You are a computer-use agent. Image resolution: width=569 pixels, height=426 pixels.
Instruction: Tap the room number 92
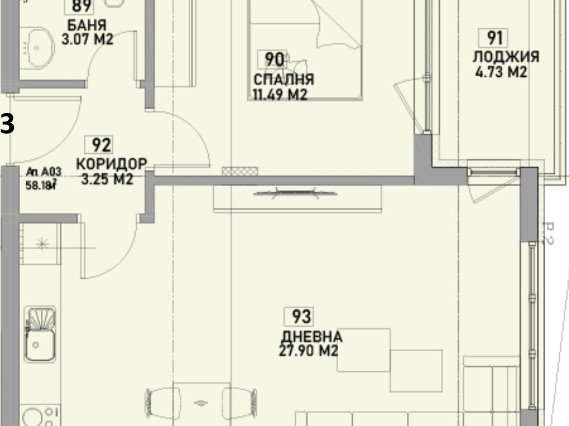click(x=102, y=145)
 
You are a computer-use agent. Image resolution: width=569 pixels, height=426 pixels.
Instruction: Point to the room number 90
click(x=274, y=60)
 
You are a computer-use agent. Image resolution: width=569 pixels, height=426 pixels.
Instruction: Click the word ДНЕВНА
click(x=311, y=337)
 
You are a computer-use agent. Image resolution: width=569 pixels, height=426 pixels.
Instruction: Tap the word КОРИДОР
click(x=112, y=164)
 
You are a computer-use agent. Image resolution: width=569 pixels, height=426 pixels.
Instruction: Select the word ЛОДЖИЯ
click(x=506, y=57)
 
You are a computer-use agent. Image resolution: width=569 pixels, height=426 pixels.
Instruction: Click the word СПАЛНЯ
click(x=283, y=80)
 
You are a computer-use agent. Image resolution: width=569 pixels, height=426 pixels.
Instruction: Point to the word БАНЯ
click(x=87, y=25)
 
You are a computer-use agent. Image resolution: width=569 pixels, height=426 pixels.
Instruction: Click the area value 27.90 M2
click(x=308, y=351)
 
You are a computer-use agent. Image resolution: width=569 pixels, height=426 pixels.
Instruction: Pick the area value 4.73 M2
click(x=501, y=72)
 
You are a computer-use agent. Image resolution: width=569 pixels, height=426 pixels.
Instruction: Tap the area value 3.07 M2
click(x=87, y=39)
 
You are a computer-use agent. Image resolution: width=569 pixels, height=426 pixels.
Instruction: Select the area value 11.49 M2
click(x=280, y=95)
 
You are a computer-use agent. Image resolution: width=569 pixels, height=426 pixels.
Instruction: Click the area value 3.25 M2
click(x=107, y=179)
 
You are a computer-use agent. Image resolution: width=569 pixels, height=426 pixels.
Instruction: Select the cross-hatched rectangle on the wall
click(x=240, y=171)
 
